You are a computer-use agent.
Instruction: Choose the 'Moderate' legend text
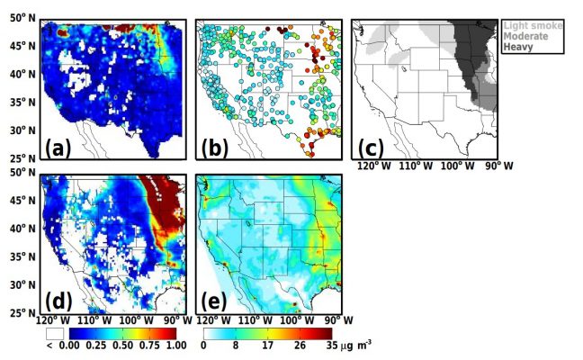click(x=529, y=36)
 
